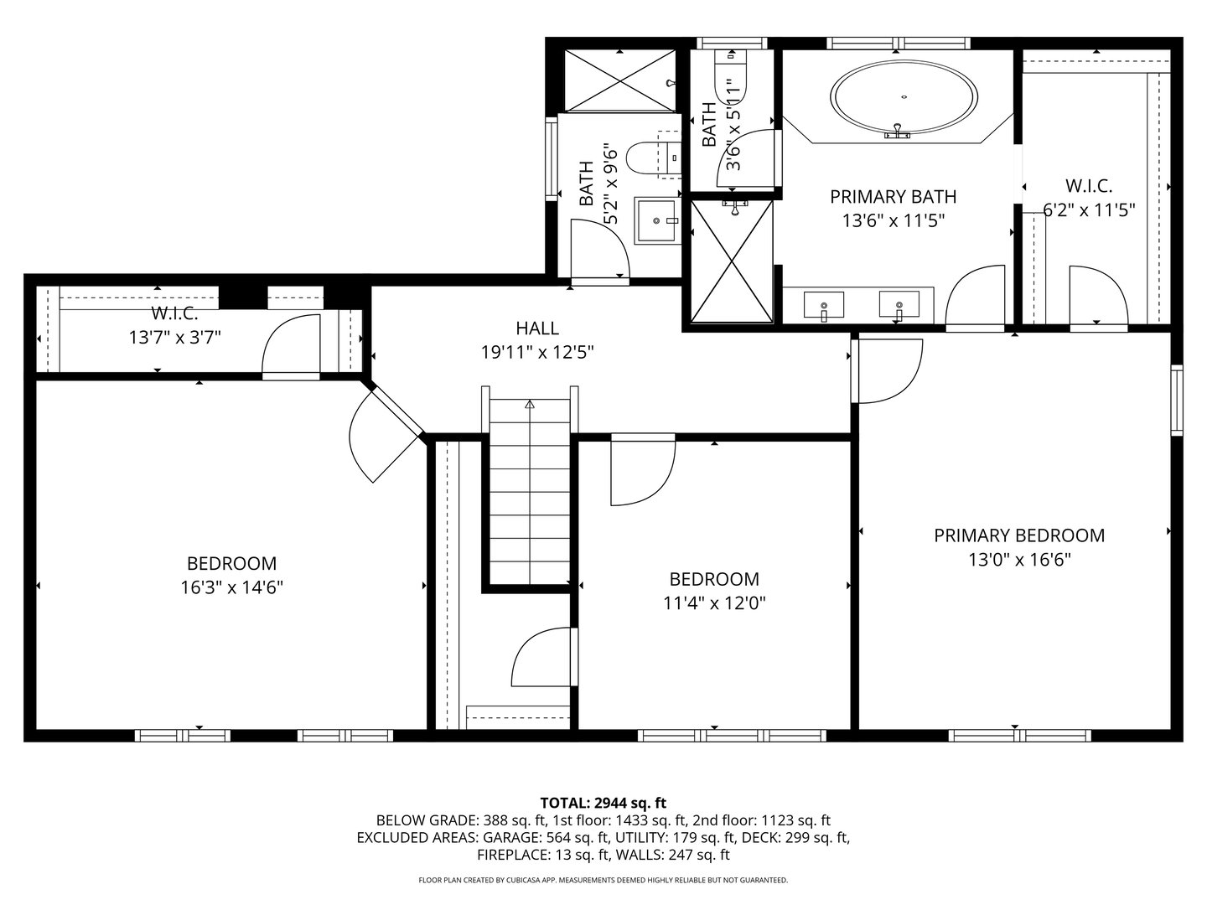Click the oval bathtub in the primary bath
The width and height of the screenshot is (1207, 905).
point(904,100)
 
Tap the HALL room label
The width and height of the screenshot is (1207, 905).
point(537,328)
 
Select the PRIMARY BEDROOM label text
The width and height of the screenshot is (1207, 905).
point(1019,535)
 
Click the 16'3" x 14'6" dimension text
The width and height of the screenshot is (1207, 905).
point(231,587)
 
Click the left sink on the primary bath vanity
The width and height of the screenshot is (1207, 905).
point(824,305)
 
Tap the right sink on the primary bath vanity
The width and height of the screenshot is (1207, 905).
point(899,305)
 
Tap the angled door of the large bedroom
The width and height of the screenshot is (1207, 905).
point(381,436)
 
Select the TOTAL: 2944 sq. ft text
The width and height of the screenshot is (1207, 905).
point(603,803)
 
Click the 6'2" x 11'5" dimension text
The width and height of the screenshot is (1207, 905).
point(1089,209)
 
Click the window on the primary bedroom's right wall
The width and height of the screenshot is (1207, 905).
point(1176,400)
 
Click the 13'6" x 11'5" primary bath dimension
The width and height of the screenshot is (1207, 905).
point(892,220)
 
